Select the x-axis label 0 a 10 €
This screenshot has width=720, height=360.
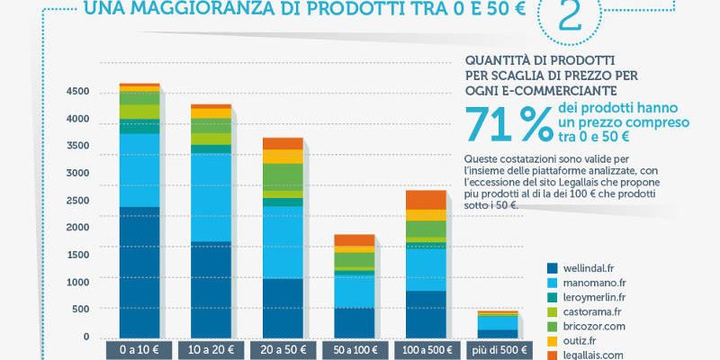coord(139,349)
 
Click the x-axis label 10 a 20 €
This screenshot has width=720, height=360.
coord(211,349)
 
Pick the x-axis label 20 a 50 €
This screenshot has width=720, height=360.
coord(283,349)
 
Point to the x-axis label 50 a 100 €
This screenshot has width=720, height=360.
coord(354,349)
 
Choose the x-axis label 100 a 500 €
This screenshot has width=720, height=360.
coord(426,349)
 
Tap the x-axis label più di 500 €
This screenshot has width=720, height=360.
coord(498,349)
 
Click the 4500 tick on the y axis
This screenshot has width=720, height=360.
coord(77,92)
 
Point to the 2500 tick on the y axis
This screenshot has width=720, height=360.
coord(77,201)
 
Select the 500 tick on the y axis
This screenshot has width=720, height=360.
coord(81,310)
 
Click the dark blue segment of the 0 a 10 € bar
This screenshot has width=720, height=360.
coord(139,270)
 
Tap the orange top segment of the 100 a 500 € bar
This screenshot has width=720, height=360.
coord(426,199)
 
